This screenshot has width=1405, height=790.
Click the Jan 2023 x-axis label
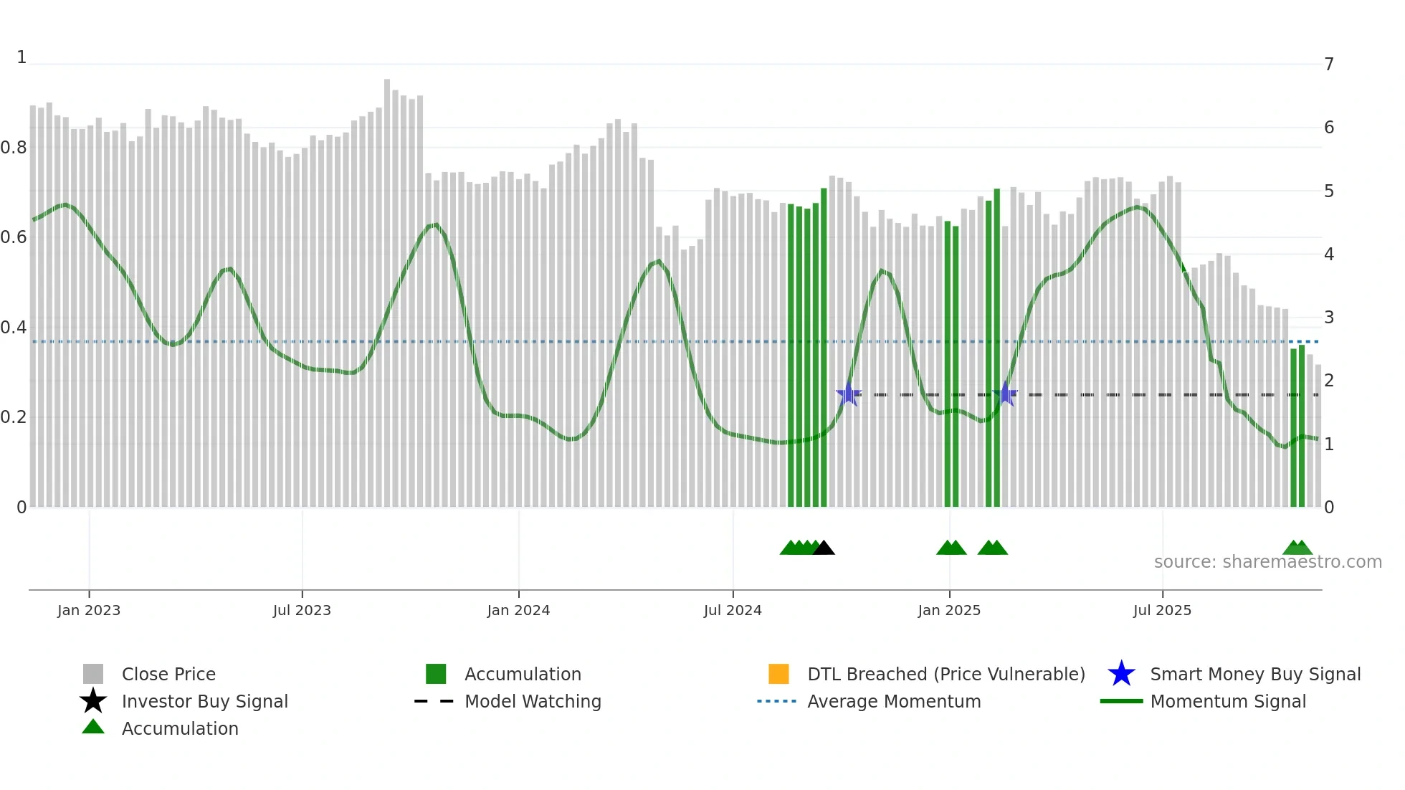pyautogui.click(x=89, y=610)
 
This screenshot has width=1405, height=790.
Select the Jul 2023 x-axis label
pyautogui.click(x=302, y=610)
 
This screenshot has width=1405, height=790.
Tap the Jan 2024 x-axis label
pyautogui.click(x=518, y=610)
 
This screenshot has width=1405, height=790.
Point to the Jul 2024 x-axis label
pyautogui.click(x=733, y=610)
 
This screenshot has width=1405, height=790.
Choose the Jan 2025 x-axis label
pyautogui.click(x=949, y=610)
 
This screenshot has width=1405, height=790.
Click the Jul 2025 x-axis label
pyautogui.click(x=1162, y=610)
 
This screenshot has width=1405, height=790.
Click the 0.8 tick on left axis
pyautogui.click(x=14, y=148)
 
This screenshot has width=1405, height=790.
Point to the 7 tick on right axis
pyautogui.click(x=1329, y=65)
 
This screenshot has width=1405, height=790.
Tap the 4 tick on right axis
pyautogui.click(x=1329, y=254)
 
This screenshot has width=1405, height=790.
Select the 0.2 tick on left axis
pyautogui.click(x=14, y=417)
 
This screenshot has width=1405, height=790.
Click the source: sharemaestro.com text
pyautogui.click(x=1267, y=562)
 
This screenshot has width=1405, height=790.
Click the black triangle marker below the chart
pyautogui.click(x=824, y=548)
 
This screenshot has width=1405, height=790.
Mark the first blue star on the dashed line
pyautogui.click(x=849, y=394)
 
